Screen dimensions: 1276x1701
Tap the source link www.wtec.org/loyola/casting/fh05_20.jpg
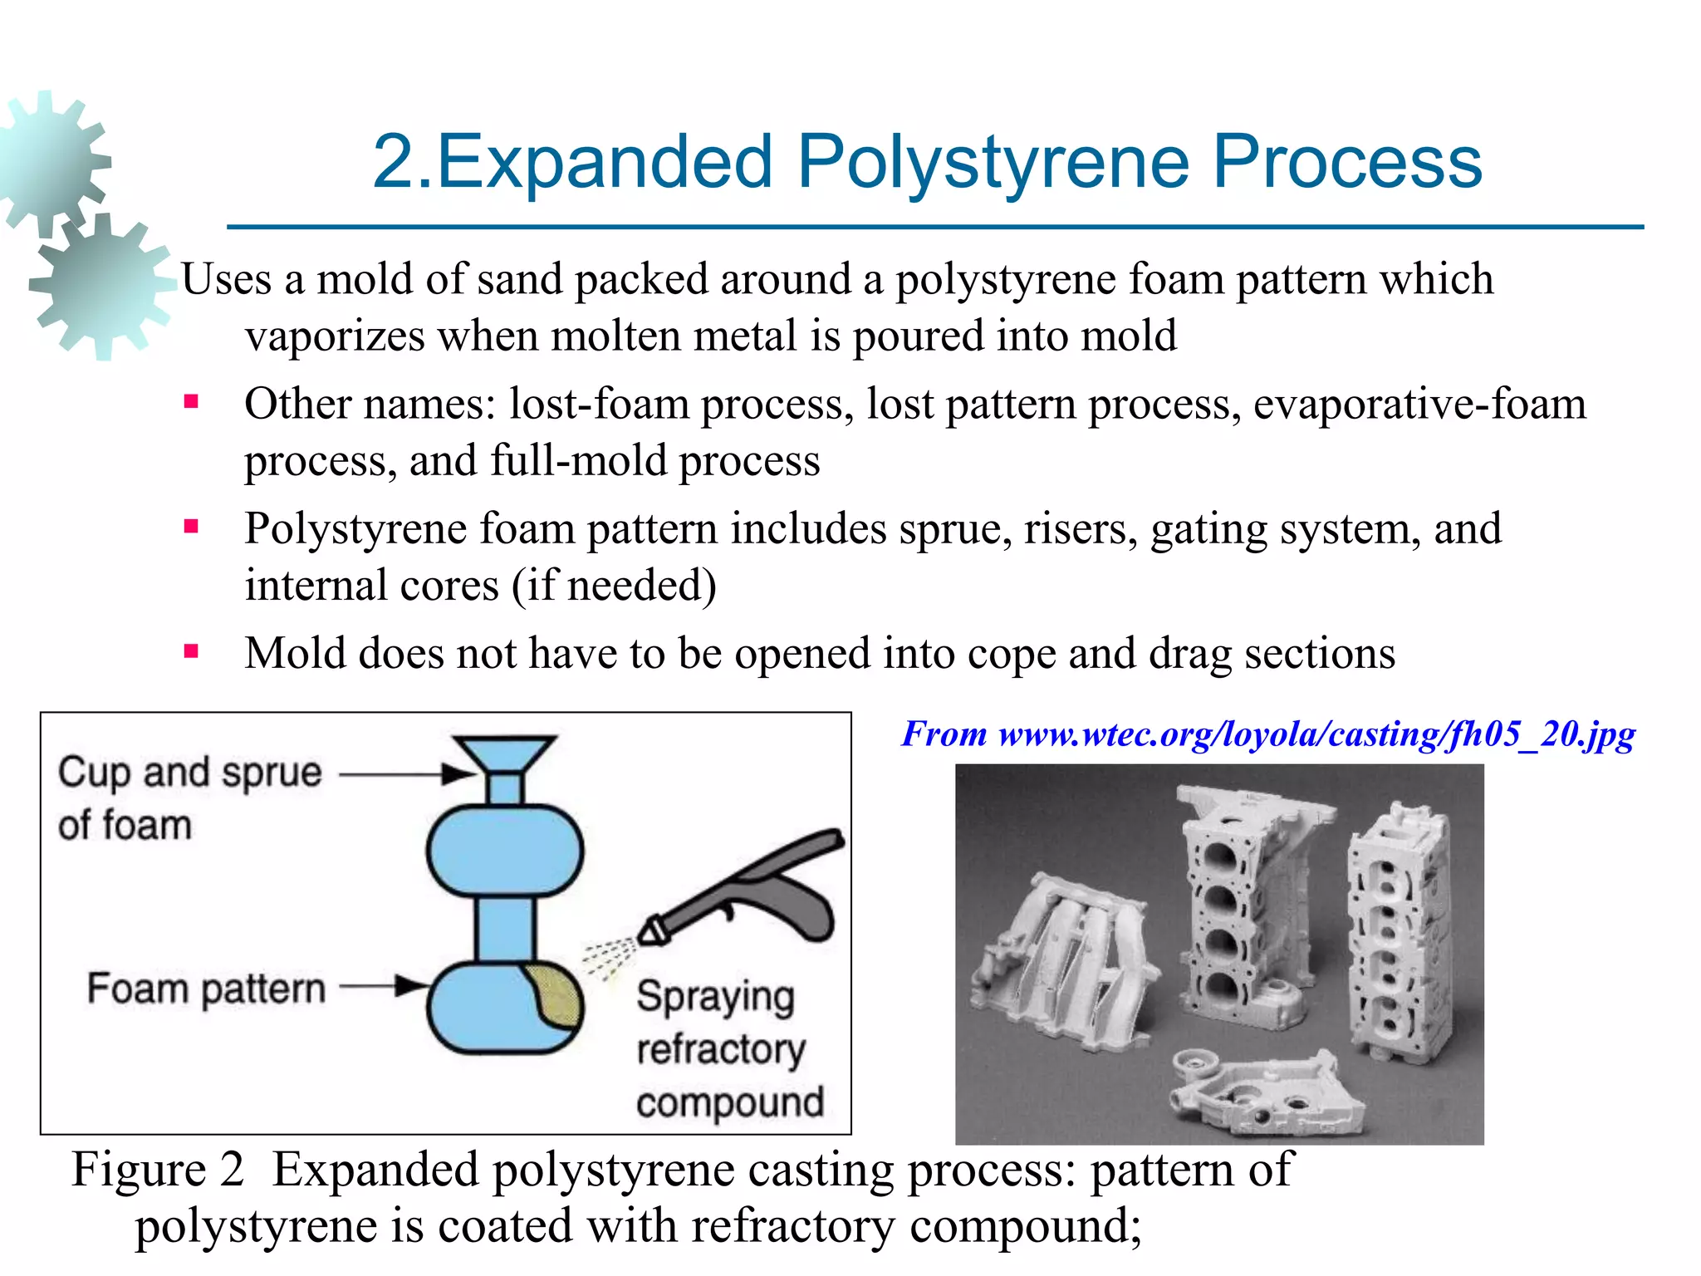[1316, 734]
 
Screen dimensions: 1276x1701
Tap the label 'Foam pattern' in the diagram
[206, 989]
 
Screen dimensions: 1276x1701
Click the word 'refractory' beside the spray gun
[720, 1049]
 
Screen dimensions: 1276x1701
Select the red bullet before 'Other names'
[192, 403]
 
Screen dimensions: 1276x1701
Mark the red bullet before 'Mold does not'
[192, 651]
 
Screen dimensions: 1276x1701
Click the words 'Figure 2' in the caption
[158, 1170]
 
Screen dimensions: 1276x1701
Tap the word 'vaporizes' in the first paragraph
[335, 336]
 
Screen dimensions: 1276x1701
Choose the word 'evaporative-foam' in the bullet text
[1419, 405]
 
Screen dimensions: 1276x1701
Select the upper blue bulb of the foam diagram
[505, 851]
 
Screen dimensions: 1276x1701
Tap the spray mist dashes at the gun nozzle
[608, 955]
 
